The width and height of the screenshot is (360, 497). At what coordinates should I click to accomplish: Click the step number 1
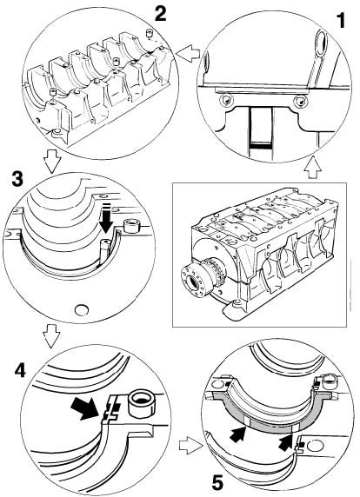(x=340, y=21)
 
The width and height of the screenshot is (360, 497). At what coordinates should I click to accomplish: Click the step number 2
(x=160, y=14)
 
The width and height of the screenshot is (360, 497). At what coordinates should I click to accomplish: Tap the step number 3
(x=17, y=179)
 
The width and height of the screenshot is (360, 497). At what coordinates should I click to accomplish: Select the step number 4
(x=20, y=370)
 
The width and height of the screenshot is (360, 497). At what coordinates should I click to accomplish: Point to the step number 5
(x=217, y=483)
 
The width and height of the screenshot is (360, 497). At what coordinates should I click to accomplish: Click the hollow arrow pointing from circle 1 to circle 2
(x=188, y=53)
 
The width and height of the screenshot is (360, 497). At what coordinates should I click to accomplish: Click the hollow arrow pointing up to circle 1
(x=312, y=168)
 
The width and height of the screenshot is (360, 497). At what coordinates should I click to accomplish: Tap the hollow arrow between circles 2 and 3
(x=51, y=162)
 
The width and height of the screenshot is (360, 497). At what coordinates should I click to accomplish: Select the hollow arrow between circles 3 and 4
(x=51, y=336)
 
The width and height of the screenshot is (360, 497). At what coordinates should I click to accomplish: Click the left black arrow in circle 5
(x=237, y=433)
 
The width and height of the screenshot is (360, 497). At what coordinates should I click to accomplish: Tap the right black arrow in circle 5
(x=286, y=441)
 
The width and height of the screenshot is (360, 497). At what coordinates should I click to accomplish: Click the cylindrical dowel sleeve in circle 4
(x=142, y=402)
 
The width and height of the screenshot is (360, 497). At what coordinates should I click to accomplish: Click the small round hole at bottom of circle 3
(x=82, y=309)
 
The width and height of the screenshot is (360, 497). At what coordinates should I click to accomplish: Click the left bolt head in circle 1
(x=227, y=101)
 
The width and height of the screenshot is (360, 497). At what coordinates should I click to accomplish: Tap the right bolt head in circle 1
(x=300, y=101)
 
